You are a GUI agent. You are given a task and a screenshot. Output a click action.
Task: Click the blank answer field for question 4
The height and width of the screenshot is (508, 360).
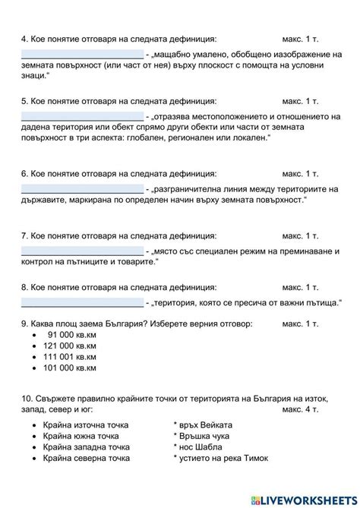pos(82,54)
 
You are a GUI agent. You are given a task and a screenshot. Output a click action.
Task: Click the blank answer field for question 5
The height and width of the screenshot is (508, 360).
pos(82,116)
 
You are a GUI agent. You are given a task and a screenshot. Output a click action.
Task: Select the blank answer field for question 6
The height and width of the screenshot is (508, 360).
pos(82,188)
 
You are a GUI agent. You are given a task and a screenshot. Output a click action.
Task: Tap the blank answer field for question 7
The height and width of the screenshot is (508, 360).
pos(82,250)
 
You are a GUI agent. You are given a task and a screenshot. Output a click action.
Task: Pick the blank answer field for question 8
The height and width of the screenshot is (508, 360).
pos(82,302)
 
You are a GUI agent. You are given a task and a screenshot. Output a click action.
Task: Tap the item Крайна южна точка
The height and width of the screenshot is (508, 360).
pos(81,436)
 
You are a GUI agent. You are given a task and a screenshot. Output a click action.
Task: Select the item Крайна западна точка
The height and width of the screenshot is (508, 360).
pos(86,447)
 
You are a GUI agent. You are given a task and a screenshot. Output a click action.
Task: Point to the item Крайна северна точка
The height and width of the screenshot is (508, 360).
pos(86,459)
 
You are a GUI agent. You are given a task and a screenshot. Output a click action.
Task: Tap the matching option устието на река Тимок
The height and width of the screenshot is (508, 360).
pos(223,459)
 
